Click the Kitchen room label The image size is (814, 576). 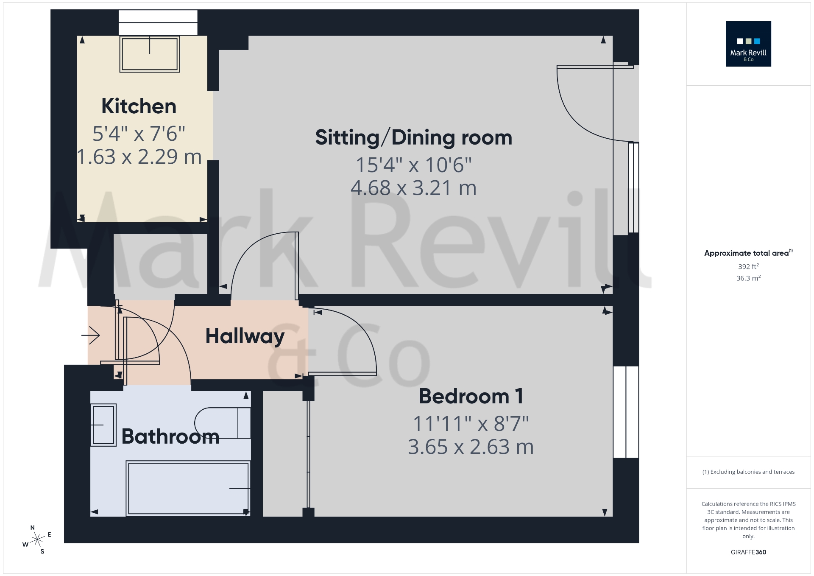point(139,106)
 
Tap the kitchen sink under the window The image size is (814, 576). point(150,54)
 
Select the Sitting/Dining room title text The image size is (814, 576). point(413,137)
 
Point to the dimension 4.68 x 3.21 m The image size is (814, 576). point(413,188)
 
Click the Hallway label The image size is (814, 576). point(245,336)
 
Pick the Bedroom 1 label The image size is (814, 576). point(471,396)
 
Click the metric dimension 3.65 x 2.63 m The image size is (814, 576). point(471,447)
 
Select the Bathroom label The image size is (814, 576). point(170,436)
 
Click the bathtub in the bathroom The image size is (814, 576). point(188,489)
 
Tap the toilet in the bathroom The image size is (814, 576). point(223,423)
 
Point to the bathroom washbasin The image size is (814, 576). point(103,425)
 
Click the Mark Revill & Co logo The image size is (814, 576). point(748,44)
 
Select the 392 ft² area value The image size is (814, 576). point(748,266)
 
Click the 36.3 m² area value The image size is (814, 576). point(748,278)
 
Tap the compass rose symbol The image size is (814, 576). point(37,540)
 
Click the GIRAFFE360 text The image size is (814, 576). point(748,552)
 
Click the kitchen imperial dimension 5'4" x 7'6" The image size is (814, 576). point(139,134)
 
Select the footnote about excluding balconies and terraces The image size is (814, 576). point(748,472)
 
